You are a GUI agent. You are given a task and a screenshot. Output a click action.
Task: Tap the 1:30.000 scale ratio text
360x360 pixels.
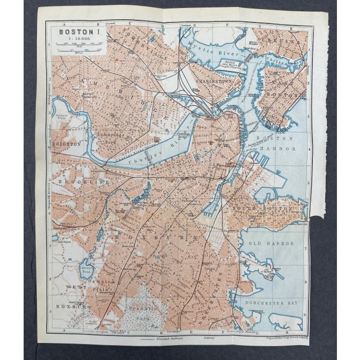pos(78,40)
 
